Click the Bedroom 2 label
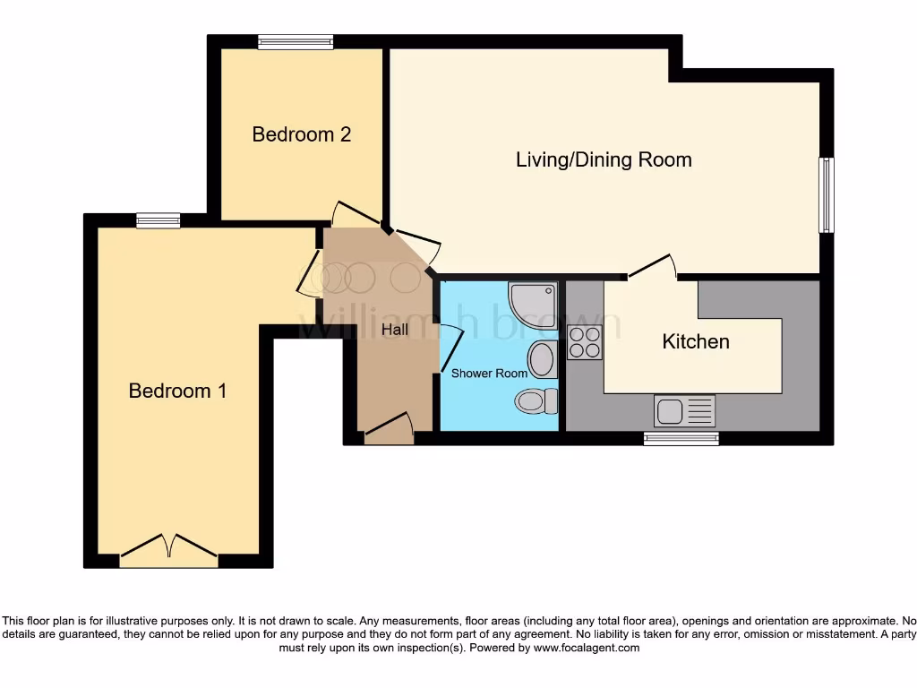coord(301,134)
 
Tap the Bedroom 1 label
coord(177,391)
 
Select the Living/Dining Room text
coord(604,160)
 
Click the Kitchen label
coord(695,341)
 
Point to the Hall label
coord(394,330)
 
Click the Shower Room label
coord(489,373)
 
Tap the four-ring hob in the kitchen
coord(585,341)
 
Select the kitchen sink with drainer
coord(685,411)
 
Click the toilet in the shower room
coord(536,401)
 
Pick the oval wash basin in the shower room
coord(542,360)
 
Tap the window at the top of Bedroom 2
coord(295,40)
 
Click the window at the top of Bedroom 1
coord(159,220)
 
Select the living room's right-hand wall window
coord(827,195)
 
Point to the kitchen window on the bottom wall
coord(681,438)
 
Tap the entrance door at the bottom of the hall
coord(389,428)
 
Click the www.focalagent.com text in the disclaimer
coord(587,648)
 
